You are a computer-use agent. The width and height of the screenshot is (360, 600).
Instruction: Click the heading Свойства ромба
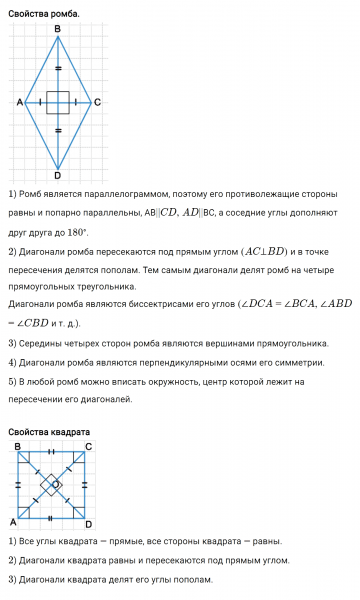click(44, 13)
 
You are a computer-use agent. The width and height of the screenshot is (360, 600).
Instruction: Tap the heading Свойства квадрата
click(49, 432)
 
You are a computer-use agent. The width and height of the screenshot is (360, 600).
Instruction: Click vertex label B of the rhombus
click(57, 29)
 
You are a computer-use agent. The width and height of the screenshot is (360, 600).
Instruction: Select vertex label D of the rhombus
click(57, 176)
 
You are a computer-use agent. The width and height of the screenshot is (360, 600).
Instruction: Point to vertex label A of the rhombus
click(19, 103)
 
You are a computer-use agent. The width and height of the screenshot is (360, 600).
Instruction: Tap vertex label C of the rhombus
click(97, 103)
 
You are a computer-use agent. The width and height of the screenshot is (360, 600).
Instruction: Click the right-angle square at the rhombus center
click(58, 102)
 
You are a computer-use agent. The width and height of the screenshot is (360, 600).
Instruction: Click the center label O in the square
click(55, 484)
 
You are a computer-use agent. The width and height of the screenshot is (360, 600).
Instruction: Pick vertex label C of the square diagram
click(89, 446)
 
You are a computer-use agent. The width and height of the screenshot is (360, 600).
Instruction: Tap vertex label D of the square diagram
click(89, 524)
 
